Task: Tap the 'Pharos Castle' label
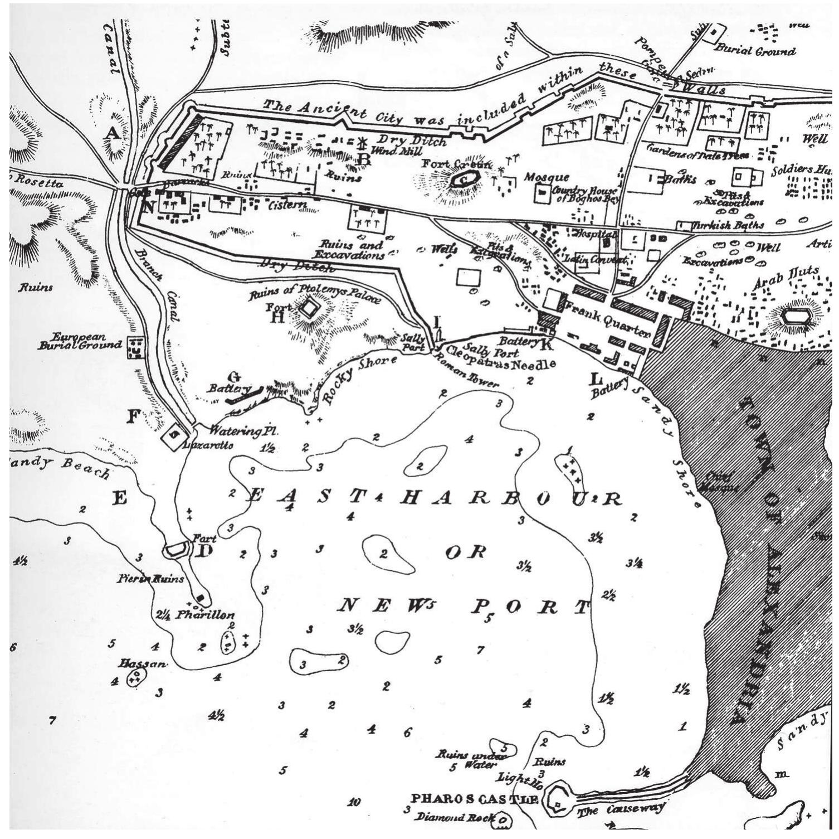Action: tap(474, 799)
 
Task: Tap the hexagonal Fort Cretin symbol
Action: tap(463, 179)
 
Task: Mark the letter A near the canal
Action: tap(112, 133)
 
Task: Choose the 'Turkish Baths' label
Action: tap(727, 226)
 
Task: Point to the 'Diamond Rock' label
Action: tap(455, 817)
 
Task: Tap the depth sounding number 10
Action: tap(354, 802)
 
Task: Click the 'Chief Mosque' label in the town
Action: tap(722, 482)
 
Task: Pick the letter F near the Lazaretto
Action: tap(133, 416)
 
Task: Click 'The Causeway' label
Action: tap(621, 809)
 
